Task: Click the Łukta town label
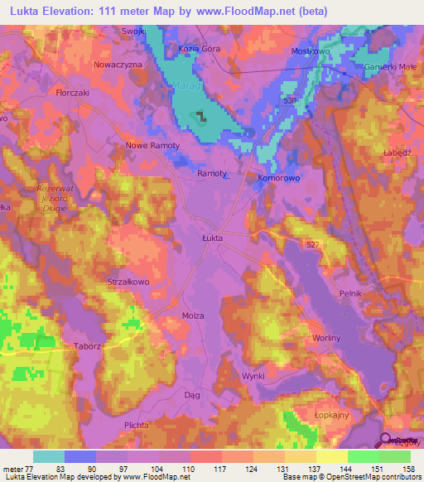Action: pyautogui.click(x=214, y=238)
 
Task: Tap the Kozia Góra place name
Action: pyautogui.click(x=200, y=49)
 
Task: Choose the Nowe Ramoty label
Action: pyautogui.click(x=152, y=145)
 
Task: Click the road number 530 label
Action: pyautogui.click(x=287, y=100)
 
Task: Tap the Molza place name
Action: pyautogui.click(x=192, y=316)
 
